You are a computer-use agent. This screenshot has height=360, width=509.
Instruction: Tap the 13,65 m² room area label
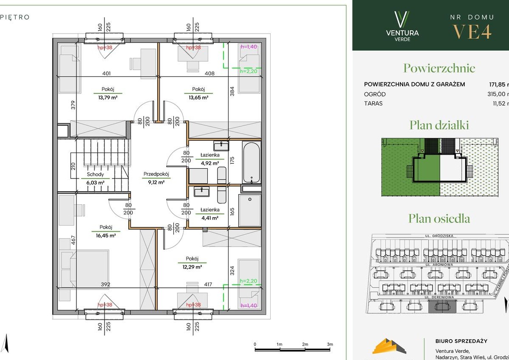pos(198,97)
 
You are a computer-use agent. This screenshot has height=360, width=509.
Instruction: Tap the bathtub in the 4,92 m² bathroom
pos(251,162)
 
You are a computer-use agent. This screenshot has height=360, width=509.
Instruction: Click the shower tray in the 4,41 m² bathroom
pos(249,211)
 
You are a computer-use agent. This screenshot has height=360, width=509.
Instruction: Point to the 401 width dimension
pos(106,74)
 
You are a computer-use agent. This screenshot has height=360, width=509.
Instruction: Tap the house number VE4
pos(472,32)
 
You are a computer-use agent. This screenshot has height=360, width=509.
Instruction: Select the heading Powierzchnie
pos(439,68)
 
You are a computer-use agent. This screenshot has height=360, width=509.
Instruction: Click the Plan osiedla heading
pos(439,218)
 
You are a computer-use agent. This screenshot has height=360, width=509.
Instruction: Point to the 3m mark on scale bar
pos(330,344)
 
